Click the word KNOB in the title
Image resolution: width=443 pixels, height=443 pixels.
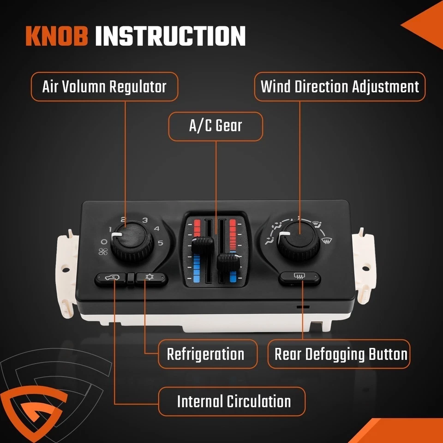(56, 36)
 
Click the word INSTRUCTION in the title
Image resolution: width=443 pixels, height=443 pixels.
(170, 36)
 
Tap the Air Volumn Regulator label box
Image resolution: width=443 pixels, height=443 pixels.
(104, 87)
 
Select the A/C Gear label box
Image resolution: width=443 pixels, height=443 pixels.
(216, 126)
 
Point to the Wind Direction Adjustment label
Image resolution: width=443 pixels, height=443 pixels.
(340, 87)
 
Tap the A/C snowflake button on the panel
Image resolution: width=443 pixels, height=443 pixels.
(150, 278)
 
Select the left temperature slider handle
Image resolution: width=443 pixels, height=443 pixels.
(201, 245)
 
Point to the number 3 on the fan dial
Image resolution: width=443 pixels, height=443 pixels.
(144, 221)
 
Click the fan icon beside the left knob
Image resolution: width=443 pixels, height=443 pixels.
(104, 251)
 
